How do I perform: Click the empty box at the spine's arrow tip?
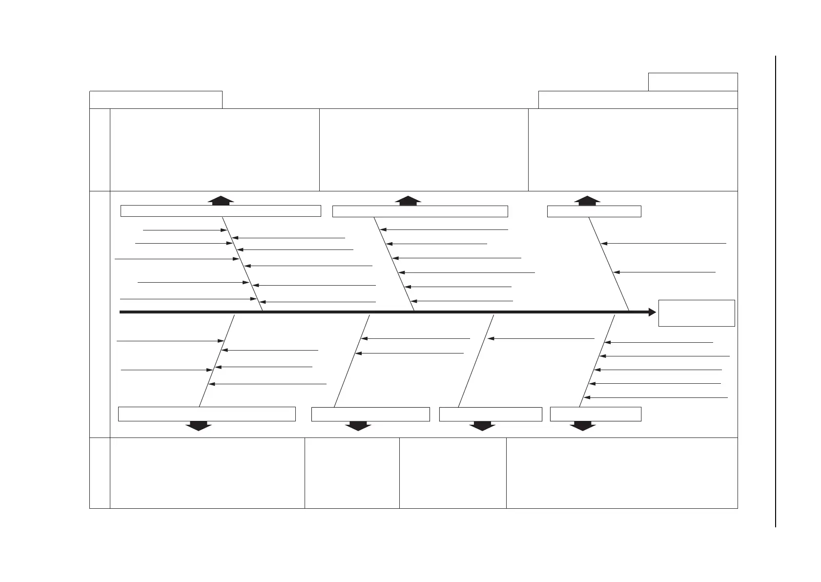pyautogui.click(x=696, y=313)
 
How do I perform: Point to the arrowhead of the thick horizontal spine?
pyautogui.click(x=652, y=312)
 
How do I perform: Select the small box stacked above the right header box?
pyautogui.click(x=693, y=82)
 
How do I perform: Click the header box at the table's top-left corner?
pyautogui.click(x=156, y=100)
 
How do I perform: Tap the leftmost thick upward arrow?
pyautogui.click(x=221, y=200)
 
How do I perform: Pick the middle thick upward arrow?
pyautogui.click(x=408, y=200)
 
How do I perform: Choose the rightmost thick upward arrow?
pyautogui.click(x=587, y=200)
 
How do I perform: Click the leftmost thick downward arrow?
pyautogui.click(x=199, y=426)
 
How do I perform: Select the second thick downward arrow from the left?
pyautogui.click(x=358, y=426)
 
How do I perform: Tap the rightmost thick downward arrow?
pyautogui.click(x=583, y=426)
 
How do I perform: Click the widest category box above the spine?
pyautogui.click(x=221, y=211)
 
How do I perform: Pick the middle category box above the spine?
pyautogui.click(x=420, y=211)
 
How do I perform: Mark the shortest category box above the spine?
pyautogui.click(x=594, y=211)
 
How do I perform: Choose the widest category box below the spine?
pyautogui.click(x=207, y=414)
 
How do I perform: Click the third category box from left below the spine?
pyautogui.click(x=491, y=414)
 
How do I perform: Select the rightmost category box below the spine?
pyautogui.click(x=595, y=414)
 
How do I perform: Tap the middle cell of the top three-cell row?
pyautogui.click(x=424, y=149)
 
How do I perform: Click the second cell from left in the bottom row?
pyautogui.click(x=352, y=473)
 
